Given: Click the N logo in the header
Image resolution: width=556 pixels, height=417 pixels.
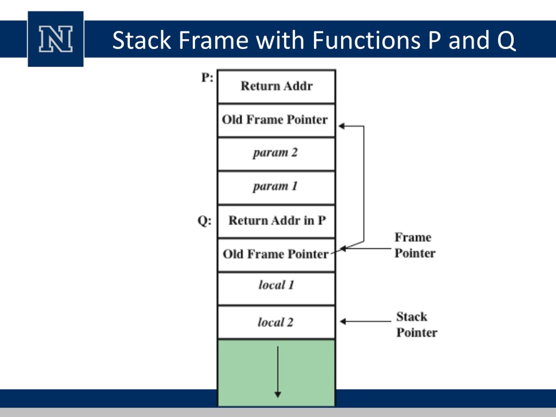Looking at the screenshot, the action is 56,39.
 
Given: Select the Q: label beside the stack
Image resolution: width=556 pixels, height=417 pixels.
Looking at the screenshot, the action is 205,221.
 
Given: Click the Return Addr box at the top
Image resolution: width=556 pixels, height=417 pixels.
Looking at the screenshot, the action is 276,86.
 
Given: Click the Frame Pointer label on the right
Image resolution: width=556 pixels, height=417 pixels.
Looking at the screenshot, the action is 415,245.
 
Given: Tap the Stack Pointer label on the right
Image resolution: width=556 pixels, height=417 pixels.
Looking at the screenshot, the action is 417,324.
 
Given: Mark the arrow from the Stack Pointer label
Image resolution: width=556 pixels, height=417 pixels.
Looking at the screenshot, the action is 366,321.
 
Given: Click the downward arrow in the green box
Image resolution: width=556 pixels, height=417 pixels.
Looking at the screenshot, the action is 278,372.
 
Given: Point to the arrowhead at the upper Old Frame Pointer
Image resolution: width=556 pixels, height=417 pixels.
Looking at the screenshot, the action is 341,126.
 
